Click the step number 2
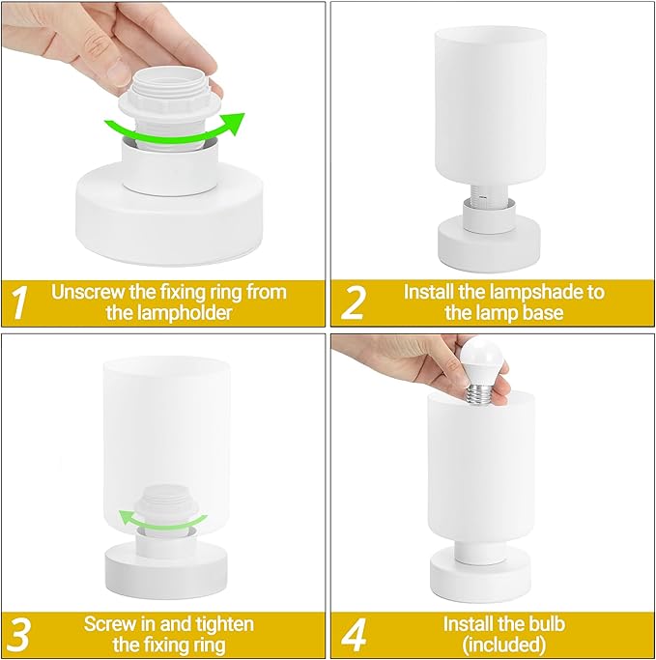[355, 302]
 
